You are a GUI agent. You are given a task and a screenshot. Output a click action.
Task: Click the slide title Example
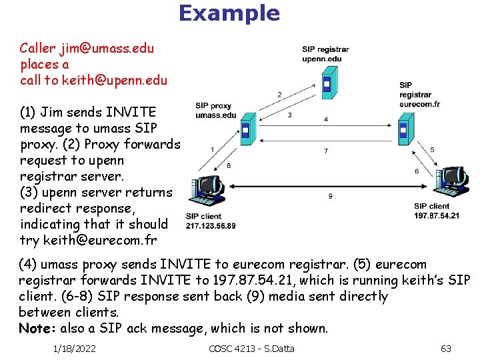(229, 13)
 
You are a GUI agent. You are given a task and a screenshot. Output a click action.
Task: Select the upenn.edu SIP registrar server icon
(326, 83)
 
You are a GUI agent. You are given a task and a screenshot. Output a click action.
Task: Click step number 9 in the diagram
(331, 196)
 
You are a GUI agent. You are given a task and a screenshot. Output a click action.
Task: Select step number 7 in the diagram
(326, 151)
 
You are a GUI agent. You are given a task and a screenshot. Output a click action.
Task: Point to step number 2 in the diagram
(279, 94)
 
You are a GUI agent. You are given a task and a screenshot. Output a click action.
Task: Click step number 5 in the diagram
(432, 150)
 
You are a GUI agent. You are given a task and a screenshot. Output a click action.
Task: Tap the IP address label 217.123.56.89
(211, 226)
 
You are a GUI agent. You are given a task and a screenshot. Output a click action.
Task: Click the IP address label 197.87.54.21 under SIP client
(437, 215)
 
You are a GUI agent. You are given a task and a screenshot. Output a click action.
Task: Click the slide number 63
(446, 349)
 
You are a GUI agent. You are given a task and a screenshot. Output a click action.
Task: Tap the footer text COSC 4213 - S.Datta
(251, 349)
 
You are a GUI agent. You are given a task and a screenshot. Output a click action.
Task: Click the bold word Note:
(37, 328)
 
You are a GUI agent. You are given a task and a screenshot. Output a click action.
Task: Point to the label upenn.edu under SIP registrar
(322, 59)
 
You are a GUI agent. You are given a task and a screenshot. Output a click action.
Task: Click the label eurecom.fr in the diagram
(419, 105)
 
